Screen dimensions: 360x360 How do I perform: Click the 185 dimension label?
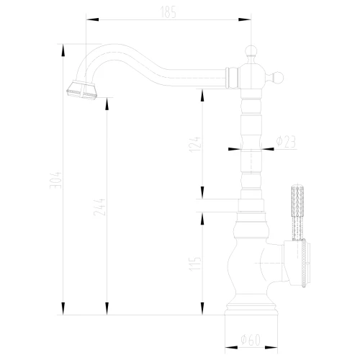168,12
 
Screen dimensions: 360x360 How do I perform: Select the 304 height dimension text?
55,180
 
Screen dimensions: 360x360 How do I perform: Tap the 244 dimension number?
99,207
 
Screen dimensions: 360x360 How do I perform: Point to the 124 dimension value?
194,145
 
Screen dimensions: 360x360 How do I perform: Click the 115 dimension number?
194,264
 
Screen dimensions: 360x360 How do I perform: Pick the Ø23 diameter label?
286,142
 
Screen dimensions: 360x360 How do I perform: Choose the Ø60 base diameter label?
251,340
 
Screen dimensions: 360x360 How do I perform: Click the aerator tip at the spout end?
81,91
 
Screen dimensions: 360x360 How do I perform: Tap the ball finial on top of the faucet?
251,51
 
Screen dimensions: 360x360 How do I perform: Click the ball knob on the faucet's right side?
278,78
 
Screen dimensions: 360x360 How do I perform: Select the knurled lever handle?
297,212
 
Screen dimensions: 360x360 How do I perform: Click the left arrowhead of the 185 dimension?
92,19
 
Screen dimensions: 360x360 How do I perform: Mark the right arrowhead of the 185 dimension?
245,19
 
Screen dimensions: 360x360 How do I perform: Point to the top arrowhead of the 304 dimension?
63,50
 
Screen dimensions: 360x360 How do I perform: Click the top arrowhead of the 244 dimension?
107,104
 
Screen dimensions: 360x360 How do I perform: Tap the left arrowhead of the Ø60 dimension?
231,347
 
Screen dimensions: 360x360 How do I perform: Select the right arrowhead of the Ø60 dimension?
271,347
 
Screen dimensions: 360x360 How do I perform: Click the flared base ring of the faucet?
251,308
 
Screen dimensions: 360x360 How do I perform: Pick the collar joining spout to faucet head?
231,78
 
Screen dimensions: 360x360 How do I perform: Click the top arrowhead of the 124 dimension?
202,96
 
